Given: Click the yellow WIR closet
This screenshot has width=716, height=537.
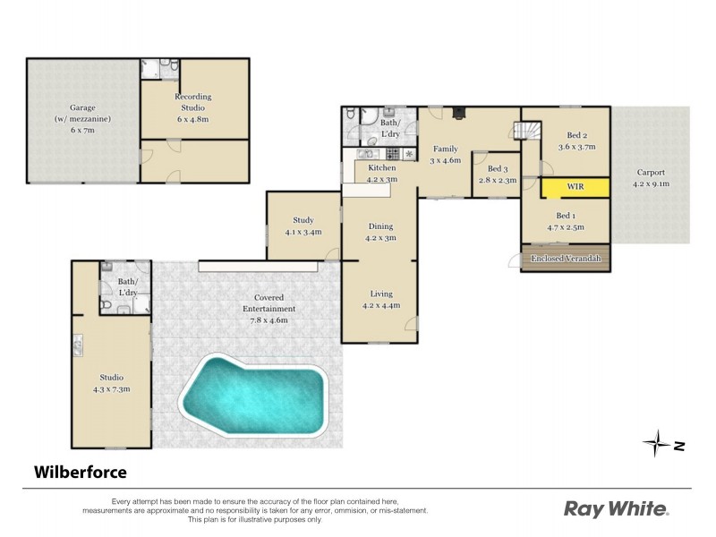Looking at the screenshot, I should click(x=575, y=187).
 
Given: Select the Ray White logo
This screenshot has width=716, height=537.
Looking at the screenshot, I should click(x=616, y=509).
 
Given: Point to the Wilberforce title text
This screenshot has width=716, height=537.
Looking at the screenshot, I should click(x=81, y=471).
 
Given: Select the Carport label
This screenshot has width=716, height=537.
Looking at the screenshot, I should click(x=651, y=173).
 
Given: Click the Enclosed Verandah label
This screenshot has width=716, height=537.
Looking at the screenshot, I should click(x=565, y=259).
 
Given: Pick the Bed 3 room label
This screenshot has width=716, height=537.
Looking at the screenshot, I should click(x=497, y=169).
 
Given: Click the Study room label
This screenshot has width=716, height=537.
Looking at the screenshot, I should click(x=303, y=220).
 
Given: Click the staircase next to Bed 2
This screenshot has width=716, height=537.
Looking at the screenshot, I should click(x=524, y=131).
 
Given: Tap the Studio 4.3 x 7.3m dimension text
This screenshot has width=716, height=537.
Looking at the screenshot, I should click(x=112, y=388).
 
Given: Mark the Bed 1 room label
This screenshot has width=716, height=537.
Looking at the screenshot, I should click(x=566, y=216).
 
